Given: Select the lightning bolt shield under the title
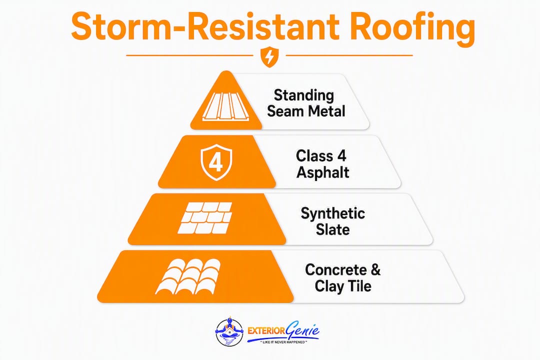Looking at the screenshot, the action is [269, 57].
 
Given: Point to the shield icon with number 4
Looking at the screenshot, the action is [216, 162].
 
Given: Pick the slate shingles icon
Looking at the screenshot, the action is [205, 217].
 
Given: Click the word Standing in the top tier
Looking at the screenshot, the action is [304, 96].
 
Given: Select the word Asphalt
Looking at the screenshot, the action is [322, 172].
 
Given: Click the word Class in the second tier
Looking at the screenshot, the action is [314, 156].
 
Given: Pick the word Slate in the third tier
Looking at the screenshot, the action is [332, 229].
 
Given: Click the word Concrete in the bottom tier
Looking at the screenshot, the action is [336, 269].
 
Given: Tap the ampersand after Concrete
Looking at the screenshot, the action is [375, 269].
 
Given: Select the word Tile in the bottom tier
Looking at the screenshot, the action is [359, 286].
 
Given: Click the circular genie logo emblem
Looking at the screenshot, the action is [229, 332].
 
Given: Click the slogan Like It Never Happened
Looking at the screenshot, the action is [283, 342].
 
